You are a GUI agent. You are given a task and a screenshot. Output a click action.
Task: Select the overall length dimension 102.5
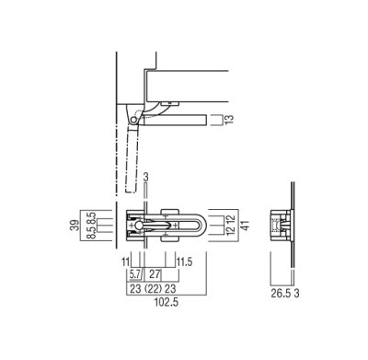[x=141, y=301]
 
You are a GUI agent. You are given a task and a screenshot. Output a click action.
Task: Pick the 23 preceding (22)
[x=133, y=288]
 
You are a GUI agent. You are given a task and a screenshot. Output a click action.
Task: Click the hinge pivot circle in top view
[x=133, y=119]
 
